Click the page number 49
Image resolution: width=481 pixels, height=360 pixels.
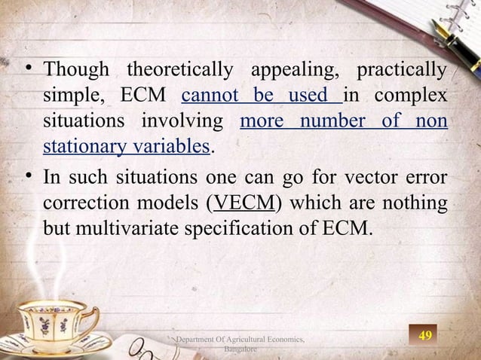425,334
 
